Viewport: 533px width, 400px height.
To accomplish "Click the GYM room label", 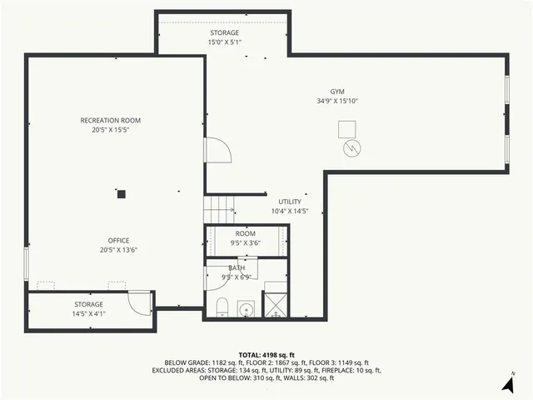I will coord(336,92).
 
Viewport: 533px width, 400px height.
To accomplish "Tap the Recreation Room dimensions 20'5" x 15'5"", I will coord(105,130).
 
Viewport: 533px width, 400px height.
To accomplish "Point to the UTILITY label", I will coord(290,202).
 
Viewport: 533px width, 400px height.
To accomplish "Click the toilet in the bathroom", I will coord(222,309).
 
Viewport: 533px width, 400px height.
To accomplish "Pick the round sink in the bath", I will coord(246,310).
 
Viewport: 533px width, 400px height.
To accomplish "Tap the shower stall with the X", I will coord(274,305).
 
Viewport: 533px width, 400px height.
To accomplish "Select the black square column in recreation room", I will coord(121,194).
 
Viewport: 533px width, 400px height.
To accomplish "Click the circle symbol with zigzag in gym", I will coord(354,148).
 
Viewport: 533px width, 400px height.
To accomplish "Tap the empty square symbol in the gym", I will coord(346,128).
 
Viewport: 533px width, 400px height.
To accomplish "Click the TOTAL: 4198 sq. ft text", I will coord(266,355).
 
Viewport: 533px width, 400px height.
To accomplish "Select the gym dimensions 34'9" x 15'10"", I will coord(336,101).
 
